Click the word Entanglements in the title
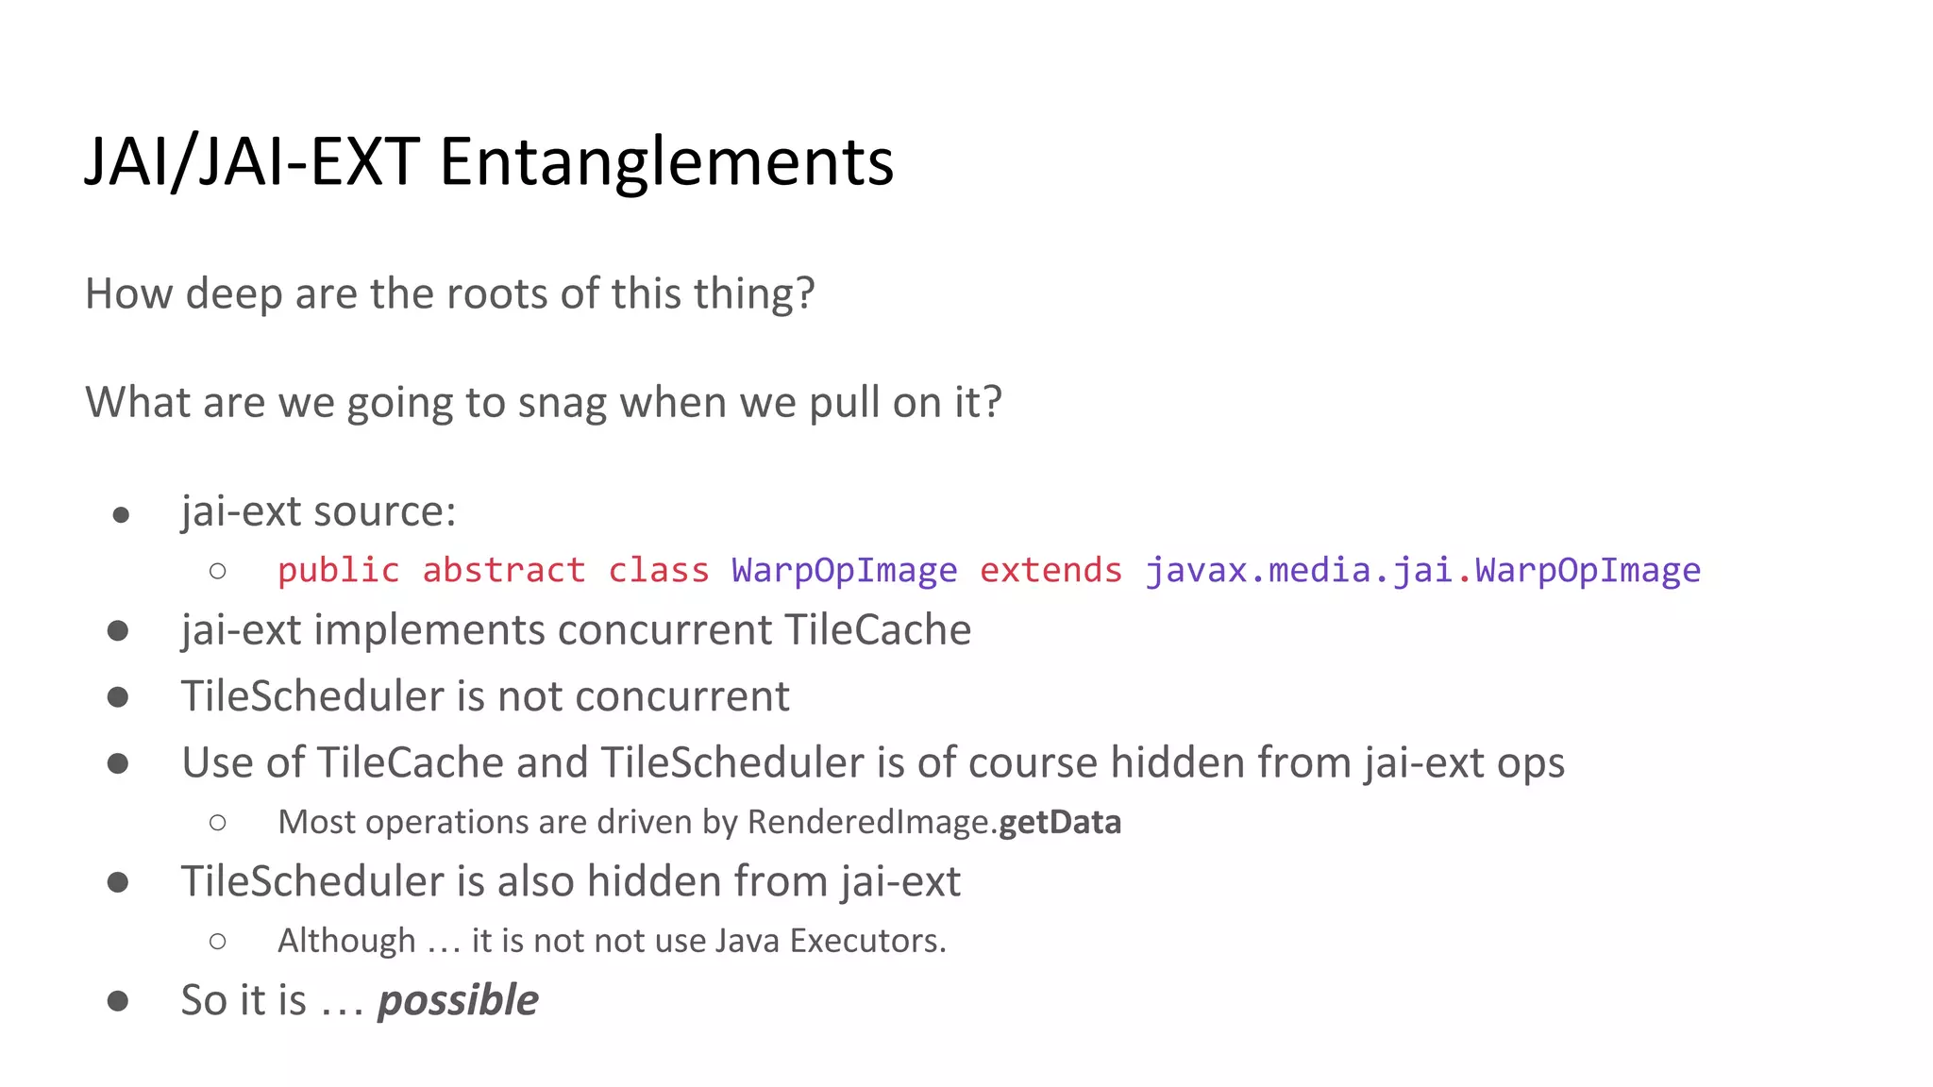(666, 162)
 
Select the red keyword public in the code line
(338, 571)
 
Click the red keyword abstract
(503, 571)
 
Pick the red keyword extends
(1051, 571)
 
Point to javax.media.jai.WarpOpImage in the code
(1422, 571)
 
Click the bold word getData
(1060, 822)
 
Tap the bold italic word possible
(458, 1000)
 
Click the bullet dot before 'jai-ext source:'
(120, 515)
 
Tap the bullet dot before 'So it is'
(118, 1001)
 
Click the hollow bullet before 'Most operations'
(218, 823)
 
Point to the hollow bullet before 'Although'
(218, 941)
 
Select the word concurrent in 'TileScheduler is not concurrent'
(681, 696)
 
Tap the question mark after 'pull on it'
(992, 403)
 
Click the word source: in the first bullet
(384, 511)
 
